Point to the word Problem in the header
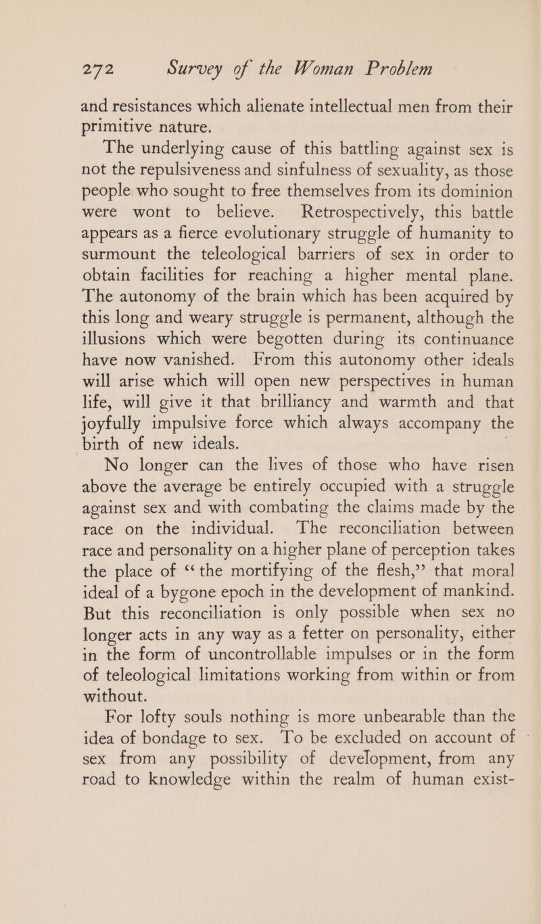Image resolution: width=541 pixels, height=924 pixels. (400, 70)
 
